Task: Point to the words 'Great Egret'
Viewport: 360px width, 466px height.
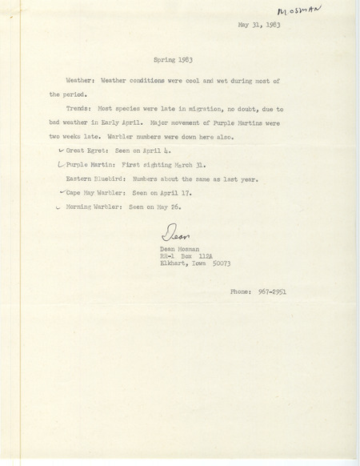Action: (90, 152)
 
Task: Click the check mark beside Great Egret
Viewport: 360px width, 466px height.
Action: (62, 152)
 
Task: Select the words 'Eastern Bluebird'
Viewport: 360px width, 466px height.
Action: (101, 179)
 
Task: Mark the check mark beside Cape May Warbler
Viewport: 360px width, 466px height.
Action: (62, 192)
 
